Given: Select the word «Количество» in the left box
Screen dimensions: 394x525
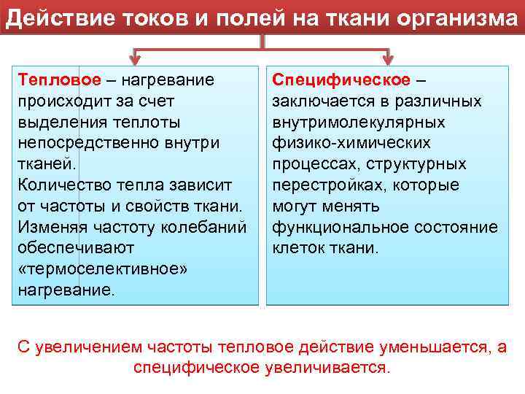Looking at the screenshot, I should [66, 185].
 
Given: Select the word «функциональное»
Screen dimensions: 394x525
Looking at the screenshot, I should [340, 227].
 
